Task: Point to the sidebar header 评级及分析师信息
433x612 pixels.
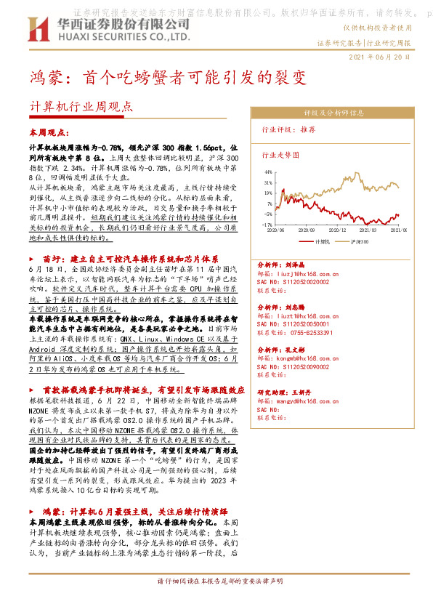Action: point(333,113)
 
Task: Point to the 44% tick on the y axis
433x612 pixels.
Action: point(268,172)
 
